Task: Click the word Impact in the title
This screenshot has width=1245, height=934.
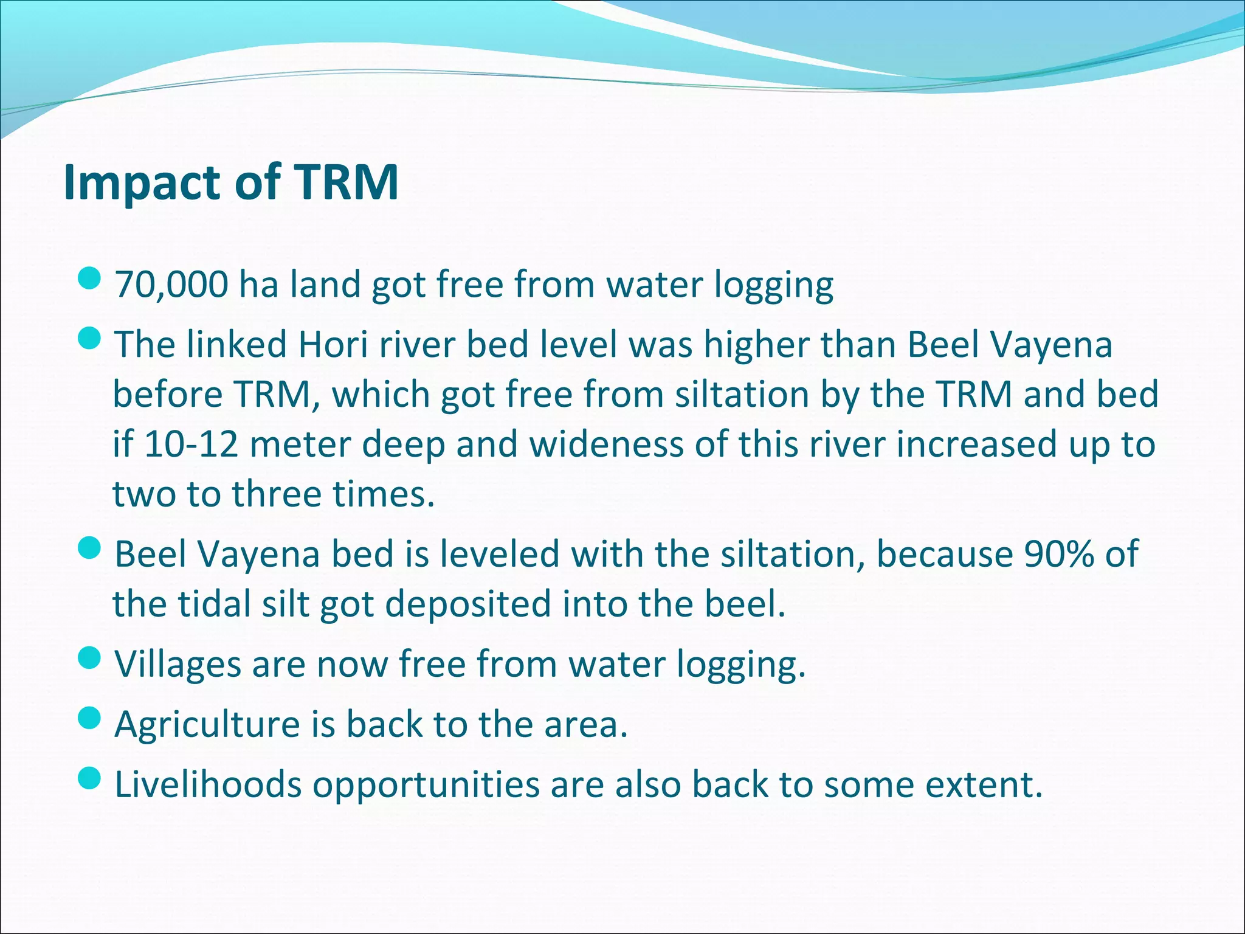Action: tap(143, 183)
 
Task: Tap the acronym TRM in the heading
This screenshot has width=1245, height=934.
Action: tap(347, 182)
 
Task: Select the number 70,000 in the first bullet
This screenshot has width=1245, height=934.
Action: tap(171, 285)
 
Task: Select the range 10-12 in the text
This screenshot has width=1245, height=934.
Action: tap(190, 445)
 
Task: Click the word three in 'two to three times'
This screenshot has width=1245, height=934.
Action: tap(277, 494)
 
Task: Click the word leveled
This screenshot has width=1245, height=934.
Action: tap(500, 555)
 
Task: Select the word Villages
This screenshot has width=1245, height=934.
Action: tap(178, 665)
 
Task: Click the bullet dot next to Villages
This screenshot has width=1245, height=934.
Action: tap(89, 658)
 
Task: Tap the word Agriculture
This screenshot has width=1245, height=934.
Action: tap(207, 725)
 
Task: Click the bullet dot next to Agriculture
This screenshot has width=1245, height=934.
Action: tap(89, 718)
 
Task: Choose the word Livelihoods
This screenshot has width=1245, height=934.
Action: tap(208, 784)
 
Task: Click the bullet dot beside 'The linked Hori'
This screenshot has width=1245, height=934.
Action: tap(89, 339)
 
